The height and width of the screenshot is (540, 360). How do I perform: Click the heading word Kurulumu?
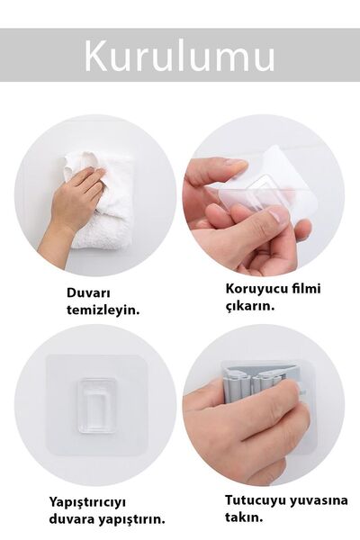click(180, 56)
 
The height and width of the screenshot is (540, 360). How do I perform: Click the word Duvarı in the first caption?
click(88, 292)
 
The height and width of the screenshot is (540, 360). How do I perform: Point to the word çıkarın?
click(249, 306)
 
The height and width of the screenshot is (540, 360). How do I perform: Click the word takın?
click(244, 516)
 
